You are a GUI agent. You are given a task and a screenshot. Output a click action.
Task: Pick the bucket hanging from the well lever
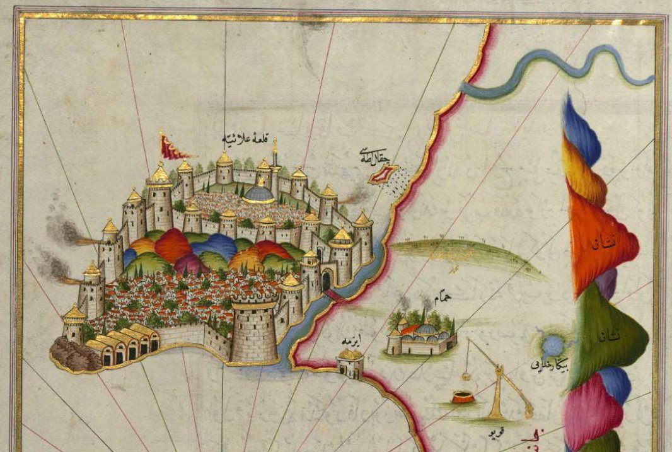[x=466, y=376]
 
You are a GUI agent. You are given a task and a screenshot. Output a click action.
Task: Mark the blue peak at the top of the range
[x=580, y=129]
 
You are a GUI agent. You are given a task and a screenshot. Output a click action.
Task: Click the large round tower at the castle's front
[x=255, y=331]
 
